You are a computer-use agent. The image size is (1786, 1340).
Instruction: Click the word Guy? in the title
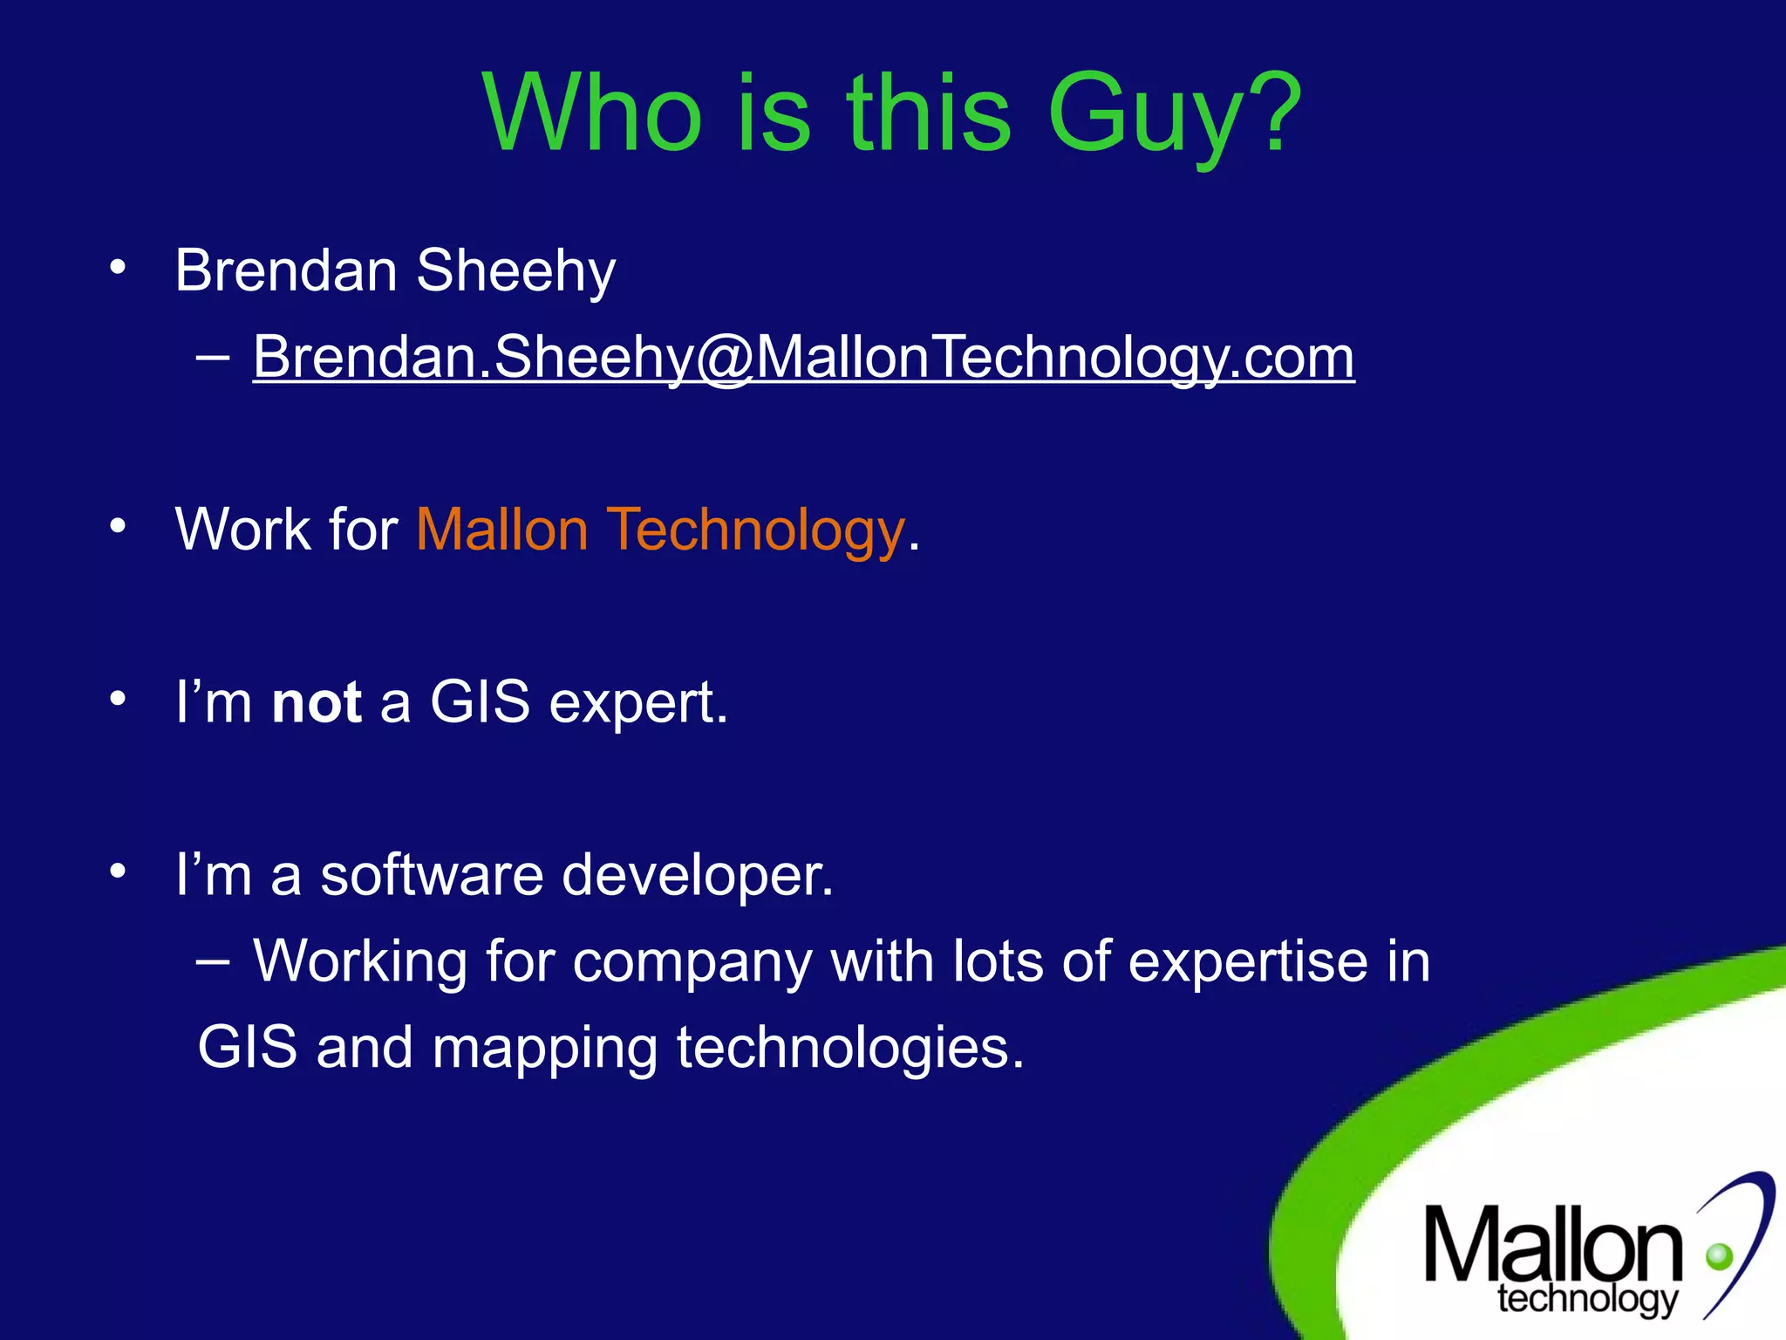coord(1174,115)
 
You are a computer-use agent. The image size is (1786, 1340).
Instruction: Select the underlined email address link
coord(803,357)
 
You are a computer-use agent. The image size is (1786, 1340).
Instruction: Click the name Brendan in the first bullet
coord(286,270)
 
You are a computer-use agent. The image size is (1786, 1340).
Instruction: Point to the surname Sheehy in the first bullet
coord(515,272)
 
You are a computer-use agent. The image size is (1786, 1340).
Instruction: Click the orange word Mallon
coord(502,530)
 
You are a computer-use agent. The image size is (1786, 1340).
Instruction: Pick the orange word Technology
coord(756,531)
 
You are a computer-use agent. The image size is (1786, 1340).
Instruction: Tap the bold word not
coord(317,702)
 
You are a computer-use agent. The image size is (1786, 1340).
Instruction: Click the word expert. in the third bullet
coord(638,703)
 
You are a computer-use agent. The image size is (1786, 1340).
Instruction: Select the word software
coord(432,874)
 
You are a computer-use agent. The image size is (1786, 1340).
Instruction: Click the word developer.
coord(698,876)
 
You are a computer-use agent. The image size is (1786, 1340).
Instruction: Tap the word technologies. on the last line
coord(850,1047)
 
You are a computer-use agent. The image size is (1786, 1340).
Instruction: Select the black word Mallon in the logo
coord(1552,1245)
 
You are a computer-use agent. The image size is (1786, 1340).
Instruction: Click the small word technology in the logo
coord(1587,1299)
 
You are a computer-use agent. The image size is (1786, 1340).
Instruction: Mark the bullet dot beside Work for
coord(118,526)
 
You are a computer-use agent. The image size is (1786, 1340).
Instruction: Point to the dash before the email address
coord(213,357)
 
